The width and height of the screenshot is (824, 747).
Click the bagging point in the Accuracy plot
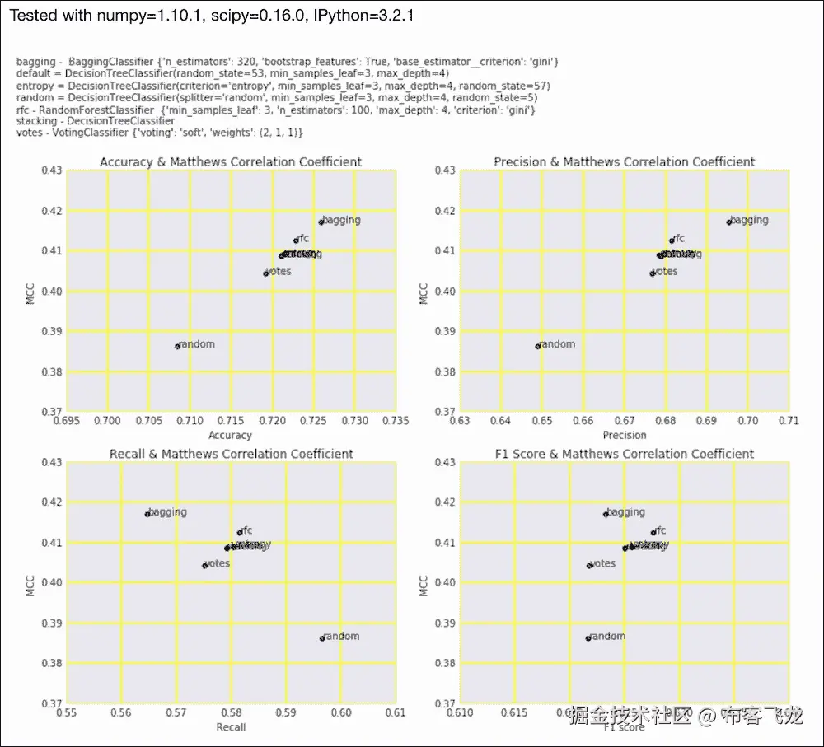tap(321, 222)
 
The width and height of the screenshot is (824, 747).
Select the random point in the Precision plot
tap(538, 346)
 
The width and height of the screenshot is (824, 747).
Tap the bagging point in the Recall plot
tap(147, 514)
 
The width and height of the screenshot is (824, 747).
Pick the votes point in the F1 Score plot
tap(589, 566)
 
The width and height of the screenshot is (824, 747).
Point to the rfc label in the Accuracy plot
tap(302, 238)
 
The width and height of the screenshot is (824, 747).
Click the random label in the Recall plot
tap(342, 637)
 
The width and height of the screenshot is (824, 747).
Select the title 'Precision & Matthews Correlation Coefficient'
tap(624, 161)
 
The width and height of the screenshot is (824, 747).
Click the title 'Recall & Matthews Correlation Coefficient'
tap(231, 454)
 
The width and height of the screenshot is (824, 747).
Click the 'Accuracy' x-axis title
tap(231, 435)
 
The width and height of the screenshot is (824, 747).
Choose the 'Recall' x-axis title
tap(231, 727)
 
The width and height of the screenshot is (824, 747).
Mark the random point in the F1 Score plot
tap(588, 638)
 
